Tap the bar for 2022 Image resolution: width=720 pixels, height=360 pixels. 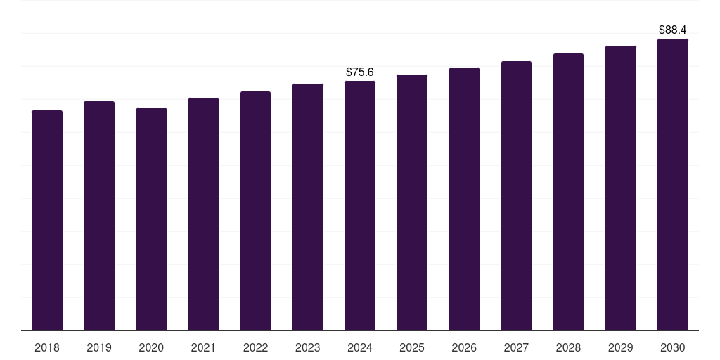[255, 211]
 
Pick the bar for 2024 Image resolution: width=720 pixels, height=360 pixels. [360, 205]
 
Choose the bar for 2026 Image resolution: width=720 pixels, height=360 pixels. [464, 199]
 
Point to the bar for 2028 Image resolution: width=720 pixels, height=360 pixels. [568, 192]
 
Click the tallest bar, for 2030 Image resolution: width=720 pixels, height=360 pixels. [673, 184]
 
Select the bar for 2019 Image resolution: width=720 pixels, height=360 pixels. [99, 216]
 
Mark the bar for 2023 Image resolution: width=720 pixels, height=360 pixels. [308, 207]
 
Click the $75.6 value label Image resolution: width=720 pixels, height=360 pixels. [360, 72]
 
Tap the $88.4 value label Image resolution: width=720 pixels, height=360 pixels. [673, 30]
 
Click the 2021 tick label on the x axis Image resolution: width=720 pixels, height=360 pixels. [203, 347]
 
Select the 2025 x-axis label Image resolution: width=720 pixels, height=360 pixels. [412, 347]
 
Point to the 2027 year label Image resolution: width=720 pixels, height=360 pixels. [516, 347]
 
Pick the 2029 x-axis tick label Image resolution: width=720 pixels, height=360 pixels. [620, 347]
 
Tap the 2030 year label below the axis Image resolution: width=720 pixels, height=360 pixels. [673, 347]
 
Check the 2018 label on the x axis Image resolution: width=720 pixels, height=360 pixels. [47, 347]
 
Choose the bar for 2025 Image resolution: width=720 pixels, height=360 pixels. [412, 202]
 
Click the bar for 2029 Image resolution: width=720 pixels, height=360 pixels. [620, 188]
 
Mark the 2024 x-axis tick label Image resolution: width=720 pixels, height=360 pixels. [360, 347]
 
